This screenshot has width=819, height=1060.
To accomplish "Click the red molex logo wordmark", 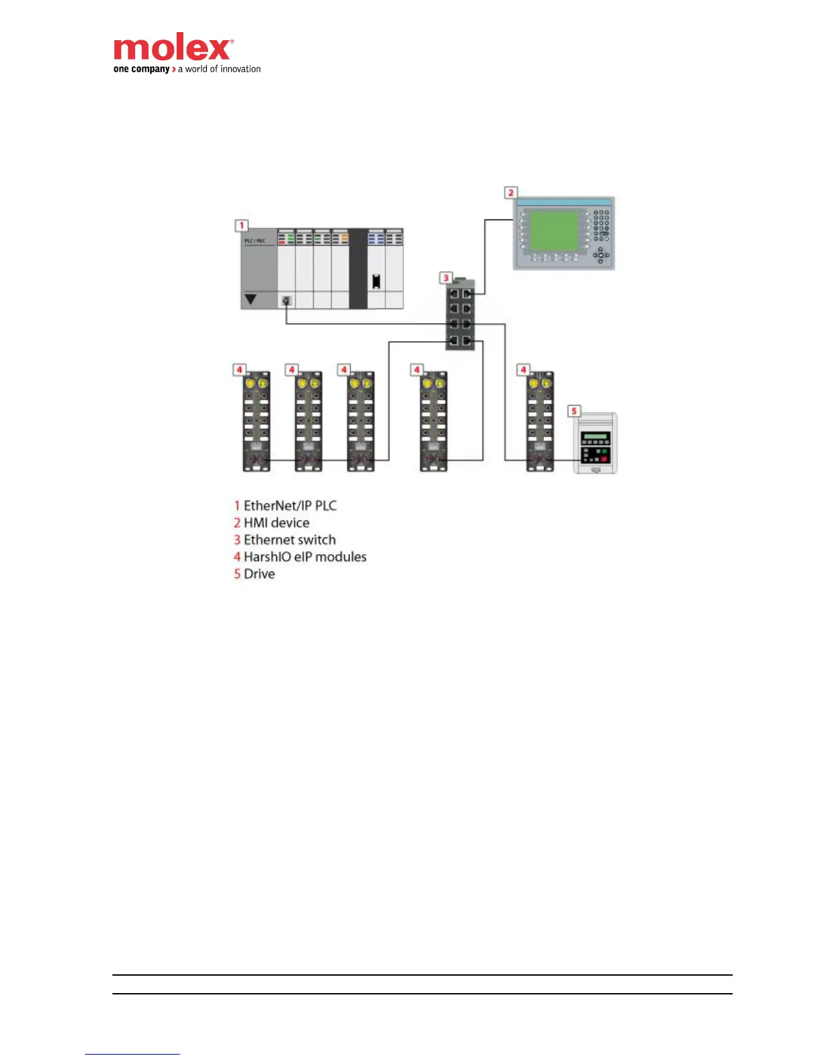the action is click(x=173, y=49).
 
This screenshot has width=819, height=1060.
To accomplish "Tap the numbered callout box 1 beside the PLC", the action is click(x=242, y=226).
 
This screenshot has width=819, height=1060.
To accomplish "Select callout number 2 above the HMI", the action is click(x=511, y=193).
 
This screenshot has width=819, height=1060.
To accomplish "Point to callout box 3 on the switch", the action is click(x=446, y=278).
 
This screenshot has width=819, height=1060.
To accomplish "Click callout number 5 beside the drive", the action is click(x=573, y=411).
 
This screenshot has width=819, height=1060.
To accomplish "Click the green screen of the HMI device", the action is click(x=553, y=231).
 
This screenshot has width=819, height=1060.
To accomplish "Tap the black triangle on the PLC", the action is click(x=251, y=299).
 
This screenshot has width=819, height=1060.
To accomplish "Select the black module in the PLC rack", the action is click(x=358, y=268).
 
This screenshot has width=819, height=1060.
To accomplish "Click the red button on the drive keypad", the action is click(x=604, y=459).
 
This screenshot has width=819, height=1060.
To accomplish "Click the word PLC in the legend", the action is click(x=326, y=506).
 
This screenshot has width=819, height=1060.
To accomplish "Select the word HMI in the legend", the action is click(x=256, y=523).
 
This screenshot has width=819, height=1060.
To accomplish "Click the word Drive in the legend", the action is click(x=259, y=574).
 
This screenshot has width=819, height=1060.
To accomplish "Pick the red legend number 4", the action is click(x=237, y=557).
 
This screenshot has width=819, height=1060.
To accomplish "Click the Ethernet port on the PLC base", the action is click(x=286, y=301).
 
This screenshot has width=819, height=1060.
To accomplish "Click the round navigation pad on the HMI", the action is click(x=600, y=255).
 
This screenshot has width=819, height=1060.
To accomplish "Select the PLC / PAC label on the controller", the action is click(x=254, y=241).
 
